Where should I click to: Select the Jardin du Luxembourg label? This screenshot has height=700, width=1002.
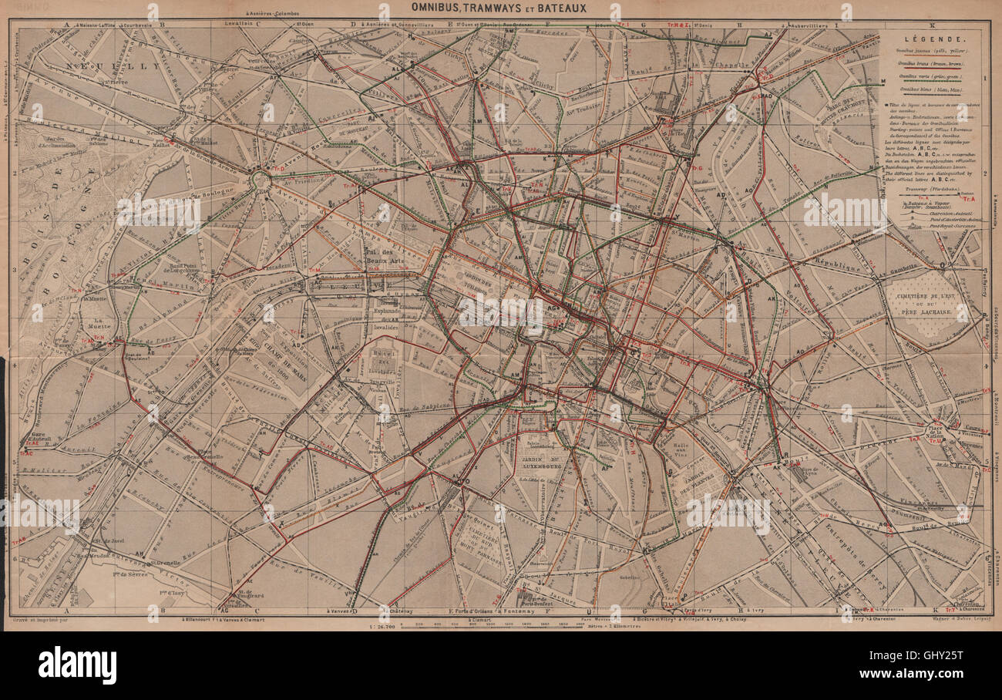point(544,461)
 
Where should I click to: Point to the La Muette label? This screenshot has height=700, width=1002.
point(100,325)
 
